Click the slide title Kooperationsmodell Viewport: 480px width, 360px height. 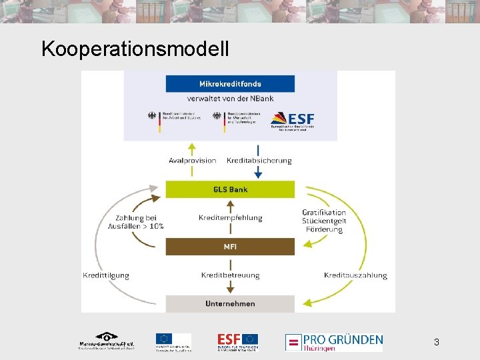(x=135, y=49)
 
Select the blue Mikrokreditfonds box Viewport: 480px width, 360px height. (x=230, y=84)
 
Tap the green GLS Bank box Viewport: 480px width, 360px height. (x=230, y=189)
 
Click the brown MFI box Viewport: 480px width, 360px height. (x=230, y=247)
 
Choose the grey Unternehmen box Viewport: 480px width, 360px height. (x=230, y=304)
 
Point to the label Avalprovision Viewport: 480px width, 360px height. (x=193, y=161)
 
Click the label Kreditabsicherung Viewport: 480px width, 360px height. (x=259, y=161)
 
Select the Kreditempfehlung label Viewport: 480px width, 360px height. (x=230, y=218)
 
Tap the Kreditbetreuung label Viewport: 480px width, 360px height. (x=230, y=275)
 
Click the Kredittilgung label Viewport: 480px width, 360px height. (x=106, y=275)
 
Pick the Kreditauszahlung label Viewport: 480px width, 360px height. (x=355, y=275)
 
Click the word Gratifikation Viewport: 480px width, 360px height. (x=324, y=213)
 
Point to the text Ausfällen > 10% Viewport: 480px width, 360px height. (x=136, y=227)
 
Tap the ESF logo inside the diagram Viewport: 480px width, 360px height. (x=293, y=120)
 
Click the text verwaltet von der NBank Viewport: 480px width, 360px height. (x=230, y=99)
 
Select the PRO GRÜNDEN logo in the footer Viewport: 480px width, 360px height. (x=335, y=342)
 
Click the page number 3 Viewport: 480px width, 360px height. (x=436, y=342)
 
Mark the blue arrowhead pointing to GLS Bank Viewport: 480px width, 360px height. (x=258, y=175)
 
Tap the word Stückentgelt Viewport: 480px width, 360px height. (x=324, y=221)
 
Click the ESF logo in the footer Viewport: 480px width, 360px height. (x=237, y=341)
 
